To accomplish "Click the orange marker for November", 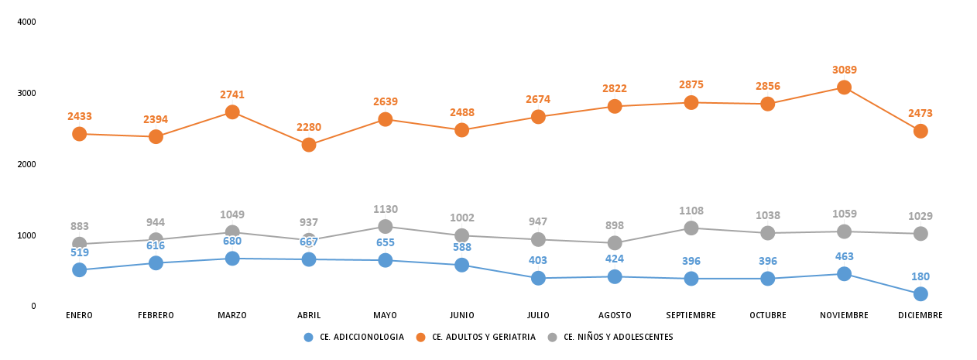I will click(844, 87).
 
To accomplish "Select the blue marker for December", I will click(920, 293).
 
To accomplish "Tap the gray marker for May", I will click(385, 226).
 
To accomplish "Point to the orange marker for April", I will click(309, 145).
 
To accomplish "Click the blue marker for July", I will click(538, 278).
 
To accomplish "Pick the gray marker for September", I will click(691, 228).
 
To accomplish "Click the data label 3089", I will click(844, 70).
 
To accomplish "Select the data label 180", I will click(920, 276).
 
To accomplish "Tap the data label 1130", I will click(385, 209).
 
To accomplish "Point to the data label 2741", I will click(232, 94).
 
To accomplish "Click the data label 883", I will click(80, 226).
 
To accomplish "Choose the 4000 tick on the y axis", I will click(27, 22).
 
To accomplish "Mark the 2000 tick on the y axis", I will click(27, 164).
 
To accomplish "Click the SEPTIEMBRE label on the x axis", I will click(691, 315).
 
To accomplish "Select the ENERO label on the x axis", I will click(80, 315).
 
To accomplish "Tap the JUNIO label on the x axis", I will click(461, 315).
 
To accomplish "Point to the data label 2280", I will click(309, 127).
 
